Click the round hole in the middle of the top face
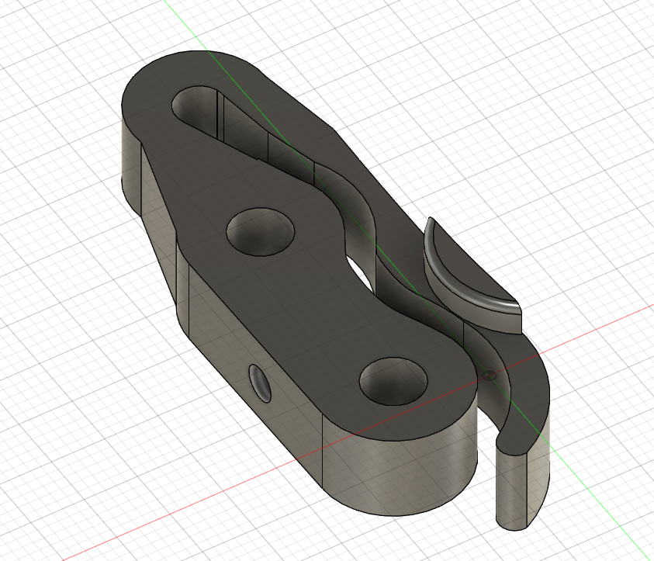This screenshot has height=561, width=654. point(261,230)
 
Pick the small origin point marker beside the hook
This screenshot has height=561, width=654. point(489,376)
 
